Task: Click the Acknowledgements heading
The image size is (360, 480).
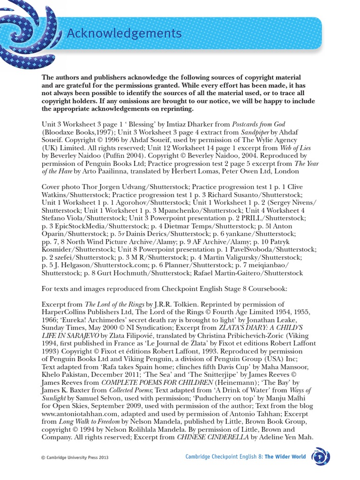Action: pyautogui.click(x=123, y=34)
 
